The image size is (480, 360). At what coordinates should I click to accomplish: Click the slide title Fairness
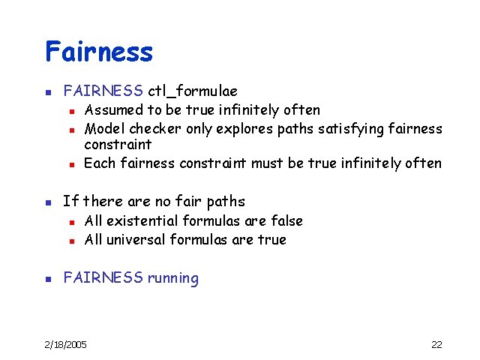coord(98,52)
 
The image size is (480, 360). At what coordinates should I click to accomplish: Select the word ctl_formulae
coord(192,91)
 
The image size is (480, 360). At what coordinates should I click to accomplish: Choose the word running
coord(173,278)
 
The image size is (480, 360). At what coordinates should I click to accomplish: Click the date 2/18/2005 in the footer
coord(65,344)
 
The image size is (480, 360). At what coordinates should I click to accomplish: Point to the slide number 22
coord(436,344)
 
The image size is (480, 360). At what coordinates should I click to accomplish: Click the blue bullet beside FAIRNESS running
coord(47,279)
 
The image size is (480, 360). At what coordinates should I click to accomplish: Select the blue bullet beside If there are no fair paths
coord(47,202)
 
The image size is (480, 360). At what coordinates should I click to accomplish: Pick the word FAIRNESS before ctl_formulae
coord(103,91)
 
